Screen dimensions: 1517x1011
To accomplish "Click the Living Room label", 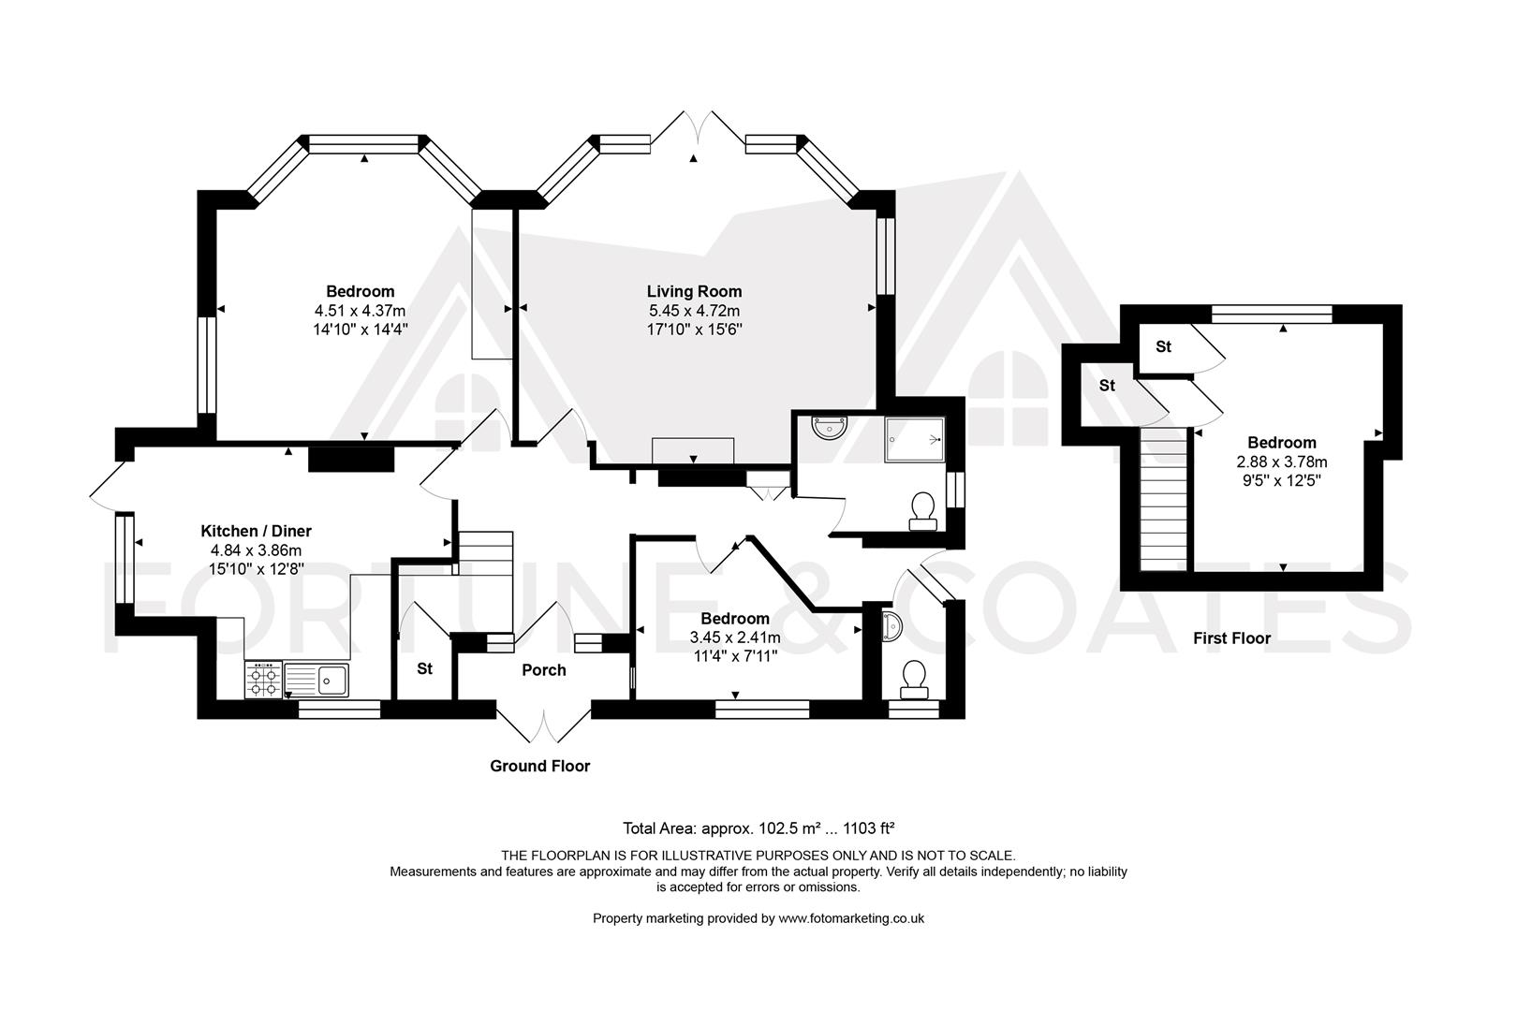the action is [694, 291].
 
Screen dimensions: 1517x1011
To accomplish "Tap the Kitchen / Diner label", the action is [256, 531].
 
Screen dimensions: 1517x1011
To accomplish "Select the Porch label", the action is [544, 669].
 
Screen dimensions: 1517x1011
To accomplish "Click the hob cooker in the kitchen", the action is [263, 680].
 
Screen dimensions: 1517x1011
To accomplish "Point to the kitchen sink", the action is [317, 680].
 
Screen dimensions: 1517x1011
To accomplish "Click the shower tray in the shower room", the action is [914, 439].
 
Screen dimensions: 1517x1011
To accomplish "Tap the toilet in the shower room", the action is [923, 512].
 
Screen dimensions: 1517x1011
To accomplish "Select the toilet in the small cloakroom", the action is [914, 680].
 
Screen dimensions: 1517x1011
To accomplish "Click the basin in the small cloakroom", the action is [891, 627].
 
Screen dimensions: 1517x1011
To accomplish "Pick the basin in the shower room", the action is [829, 427].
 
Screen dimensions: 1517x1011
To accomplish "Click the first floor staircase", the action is [1164, 500].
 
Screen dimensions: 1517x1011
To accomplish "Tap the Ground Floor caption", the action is [539, 766].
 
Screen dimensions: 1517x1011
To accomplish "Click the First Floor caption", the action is [1232, 637].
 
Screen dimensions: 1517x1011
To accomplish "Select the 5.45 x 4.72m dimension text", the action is [694, 311].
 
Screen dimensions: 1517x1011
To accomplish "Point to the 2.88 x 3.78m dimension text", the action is [1282, 462].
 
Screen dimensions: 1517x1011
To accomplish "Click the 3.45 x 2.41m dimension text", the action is [735, 637].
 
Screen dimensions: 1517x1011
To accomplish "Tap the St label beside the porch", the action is [424, 669].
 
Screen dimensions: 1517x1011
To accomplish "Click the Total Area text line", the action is [758, 828].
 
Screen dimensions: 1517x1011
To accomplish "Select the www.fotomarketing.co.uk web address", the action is [851, 918].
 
